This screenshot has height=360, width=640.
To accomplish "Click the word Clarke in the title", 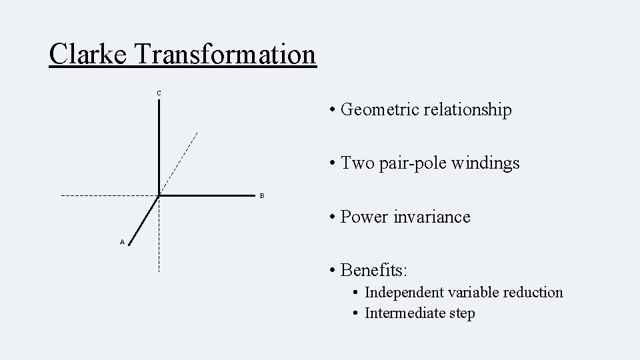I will click(87, 54).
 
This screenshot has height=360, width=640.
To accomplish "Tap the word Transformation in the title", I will click(225, 54).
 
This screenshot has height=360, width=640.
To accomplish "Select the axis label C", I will click(159, 92).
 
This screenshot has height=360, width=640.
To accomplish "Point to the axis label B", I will click(262, 196).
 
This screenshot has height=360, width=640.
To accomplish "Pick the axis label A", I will click(122, 242).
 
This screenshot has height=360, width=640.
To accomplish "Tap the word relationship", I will click(470, 109).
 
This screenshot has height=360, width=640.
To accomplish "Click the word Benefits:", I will click(374, 270).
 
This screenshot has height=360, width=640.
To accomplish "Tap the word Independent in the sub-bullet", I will click(404, 292).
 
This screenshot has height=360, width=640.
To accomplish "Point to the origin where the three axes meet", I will click(159, 196).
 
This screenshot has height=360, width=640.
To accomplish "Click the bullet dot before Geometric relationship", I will click(331, 110).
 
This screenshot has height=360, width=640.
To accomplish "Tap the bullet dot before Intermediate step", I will click(357, 313).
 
